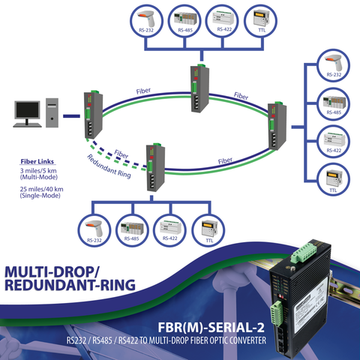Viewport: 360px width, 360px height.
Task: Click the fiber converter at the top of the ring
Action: point(196,85)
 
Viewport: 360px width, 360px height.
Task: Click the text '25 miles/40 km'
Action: point(39,189)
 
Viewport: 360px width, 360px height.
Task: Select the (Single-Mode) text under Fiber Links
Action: point(39,196)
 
